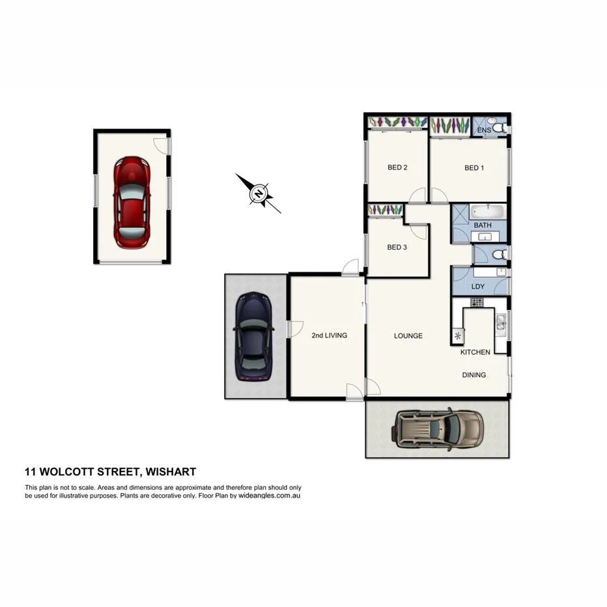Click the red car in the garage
(132, 202)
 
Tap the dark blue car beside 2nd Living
(252, 336)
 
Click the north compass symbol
(259, 193)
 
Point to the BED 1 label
(474, 168)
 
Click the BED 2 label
(397, 168)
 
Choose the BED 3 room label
(397, 247)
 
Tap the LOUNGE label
(408, 336)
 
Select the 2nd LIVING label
(329, 336)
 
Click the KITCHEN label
(475, 352)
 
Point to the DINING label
(474, 375)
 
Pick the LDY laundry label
(478, 287)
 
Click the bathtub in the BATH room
(488, 212)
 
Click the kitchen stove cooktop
(477, 302)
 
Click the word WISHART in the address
(171, 472)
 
